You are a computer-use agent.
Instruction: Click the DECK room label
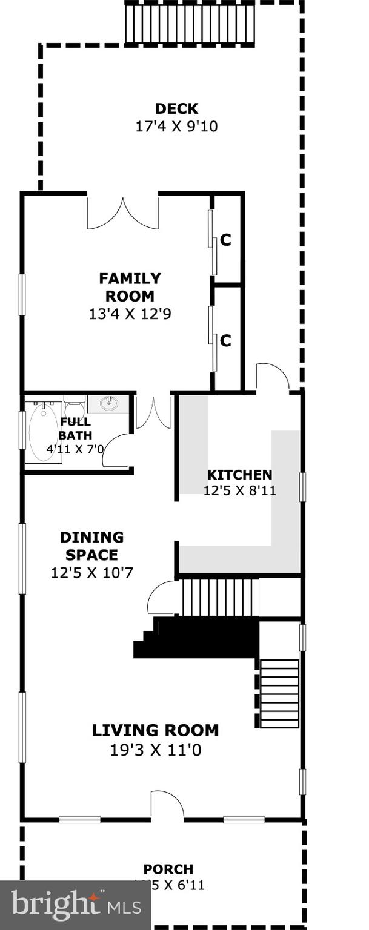point(176,109)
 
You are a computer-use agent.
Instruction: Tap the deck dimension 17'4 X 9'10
point(176,127)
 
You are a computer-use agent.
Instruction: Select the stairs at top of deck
point(190,24)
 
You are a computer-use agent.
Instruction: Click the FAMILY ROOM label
point(130,287)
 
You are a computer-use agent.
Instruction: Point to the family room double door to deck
point(123,213)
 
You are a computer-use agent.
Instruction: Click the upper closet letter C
point(225,240)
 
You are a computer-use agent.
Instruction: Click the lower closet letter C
point(225,341)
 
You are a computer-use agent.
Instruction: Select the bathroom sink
point(109,403)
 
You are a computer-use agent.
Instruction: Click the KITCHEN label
point(239,475)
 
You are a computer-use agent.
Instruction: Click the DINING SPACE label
point(91,546)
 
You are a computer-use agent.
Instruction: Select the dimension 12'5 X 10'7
point(91,572)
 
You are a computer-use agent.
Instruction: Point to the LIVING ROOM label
point(155,730)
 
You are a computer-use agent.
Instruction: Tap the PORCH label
point(168,869)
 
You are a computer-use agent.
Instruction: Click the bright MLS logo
point(76,905)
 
